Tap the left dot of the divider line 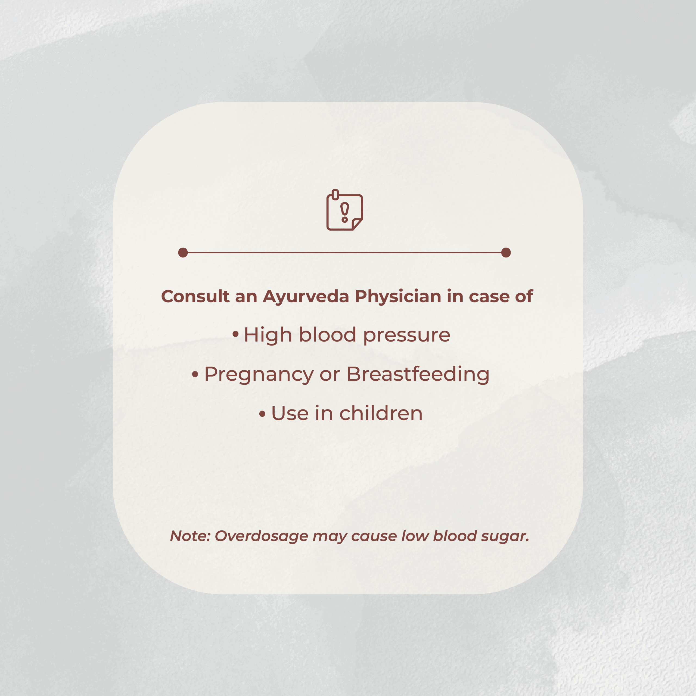click(x=183, y=253)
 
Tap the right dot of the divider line click(x=506, y=253)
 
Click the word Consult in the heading click(x=195, y=297)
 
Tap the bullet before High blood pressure click(x=236, y=334)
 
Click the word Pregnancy click(x=259, y=375)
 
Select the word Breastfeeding click(x=418, y=375)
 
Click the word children click(x=381, y=413)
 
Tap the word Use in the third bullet click(x=290, y=414)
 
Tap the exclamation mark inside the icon click(x=345, y=212)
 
